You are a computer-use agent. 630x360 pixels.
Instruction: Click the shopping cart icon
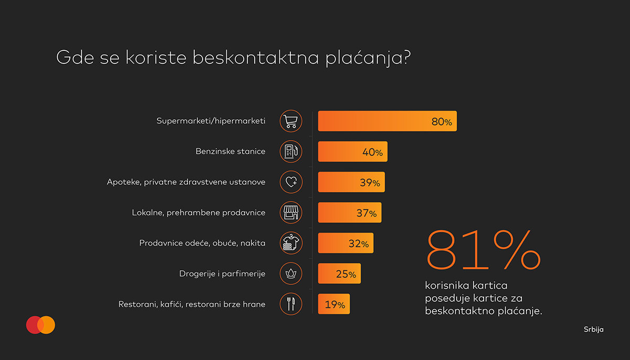coord(291,121)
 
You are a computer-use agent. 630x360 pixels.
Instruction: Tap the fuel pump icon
coord(291,152)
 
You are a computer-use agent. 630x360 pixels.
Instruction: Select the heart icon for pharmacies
coord(291,182)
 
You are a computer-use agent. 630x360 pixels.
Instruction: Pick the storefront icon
coord(291,213)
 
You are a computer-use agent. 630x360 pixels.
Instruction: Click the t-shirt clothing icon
coord(291,243)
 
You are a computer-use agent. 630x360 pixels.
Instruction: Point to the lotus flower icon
coord(291,273)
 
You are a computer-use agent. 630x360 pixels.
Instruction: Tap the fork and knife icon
coord(291,303)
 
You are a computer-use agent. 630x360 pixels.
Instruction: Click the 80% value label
coord(441,122)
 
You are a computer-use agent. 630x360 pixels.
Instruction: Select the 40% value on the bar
coord(372,152)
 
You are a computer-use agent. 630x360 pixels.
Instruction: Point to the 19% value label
coord(334,304)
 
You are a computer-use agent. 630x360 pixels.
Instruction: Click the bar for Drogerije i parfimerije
coord(339,274)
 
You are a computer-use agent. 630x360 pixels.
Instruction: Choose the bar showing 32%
coord(345,243)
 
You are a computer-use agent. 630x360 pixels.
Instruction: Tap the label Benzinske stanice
coord(230,152)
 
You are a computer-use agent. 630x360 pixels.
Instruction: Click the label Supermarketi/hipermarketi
coord(211,121)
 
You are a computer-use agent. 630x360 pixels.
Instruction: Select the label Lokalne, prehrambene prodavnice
coord(198,213)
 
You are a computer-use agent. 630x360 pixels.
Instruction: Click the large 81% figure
coord(483,250)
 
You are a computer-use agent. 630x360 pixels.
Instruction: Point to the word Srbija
coord(593,330)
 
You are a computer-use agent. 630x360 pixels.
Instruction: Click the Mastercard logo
coord(40,325)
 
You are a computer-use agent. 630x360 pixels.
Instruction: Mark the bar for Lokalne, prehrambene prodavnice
coord(350,213)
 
